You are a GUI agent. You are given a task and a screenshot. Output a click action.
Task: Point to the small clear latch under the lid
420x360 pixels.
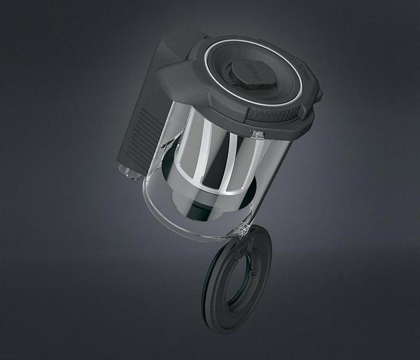click(x=255, y=134)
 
